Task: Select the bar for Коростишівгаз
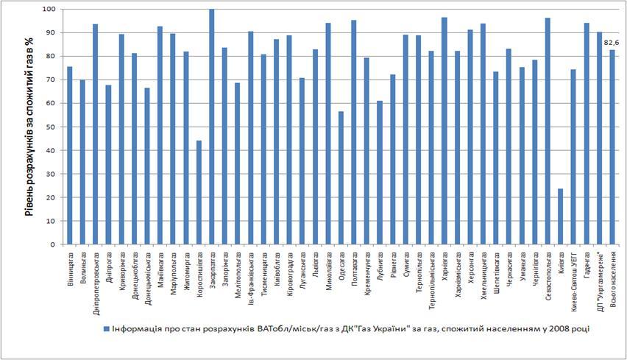pyautogui.click(x=199, y=192)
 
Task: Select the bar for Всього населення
pyautogui.click(x=612, y=147)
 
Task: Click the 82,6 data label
pyautogui.click(x=612, y=43)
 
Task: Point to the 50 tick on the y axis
pyautogui.click(x=49, y=127)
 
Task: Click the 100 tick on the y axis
pyautogui.click(x=48, y=9)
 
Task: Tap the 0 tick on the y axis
pyautogui.click(x=52, y=244)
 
